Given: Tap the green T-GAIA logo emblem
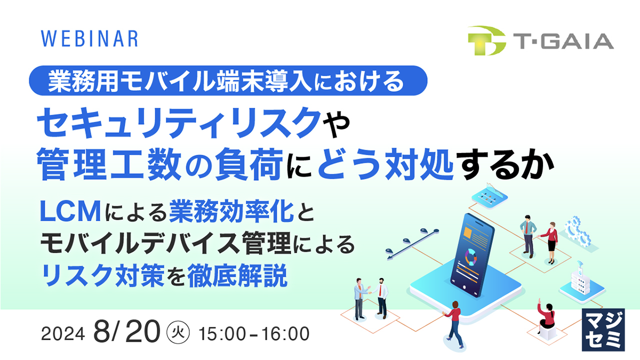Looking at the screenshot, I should tap(486, 41).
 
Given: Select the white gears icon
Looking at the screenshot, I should tap(579, 230).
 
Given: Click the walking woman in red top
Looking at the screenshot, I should tap(454, 323).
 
